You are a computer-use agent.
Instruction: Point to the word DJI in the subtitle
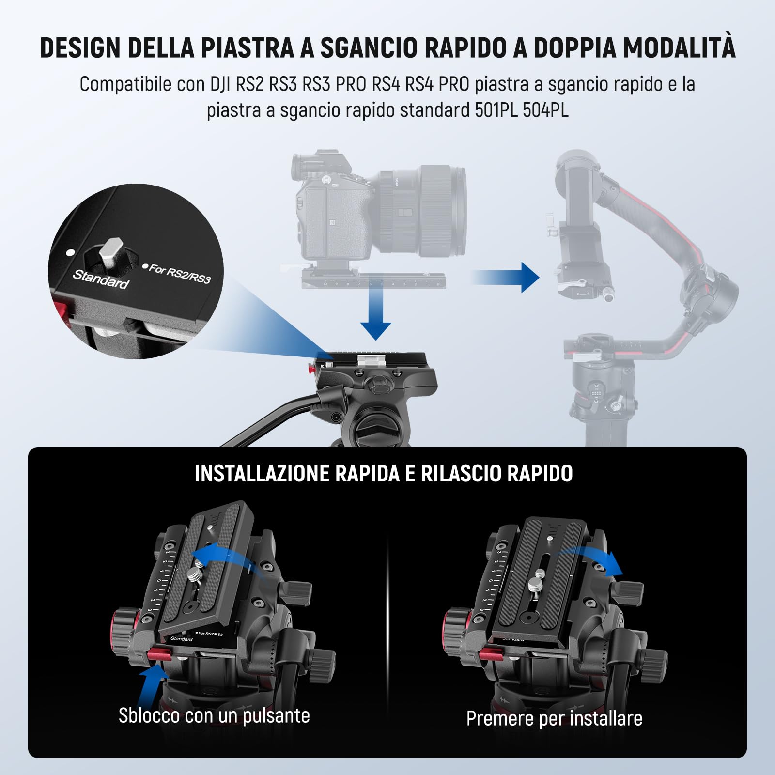point(221,84)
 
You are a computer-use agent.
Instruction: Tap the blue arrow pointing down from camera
point(375,315)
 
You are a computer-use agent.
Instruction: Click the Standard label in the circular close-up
point(101,279)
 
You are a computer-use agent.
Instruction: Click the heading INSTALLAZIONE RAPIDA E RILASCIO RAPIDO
point(383,474)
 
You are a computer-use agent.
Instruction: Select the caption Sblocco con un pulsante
point(214,715)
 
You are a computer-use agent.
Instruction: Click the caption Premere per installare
point(554,718)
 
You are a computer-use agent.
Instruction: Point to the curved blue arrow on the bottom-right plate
point(591,559)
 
